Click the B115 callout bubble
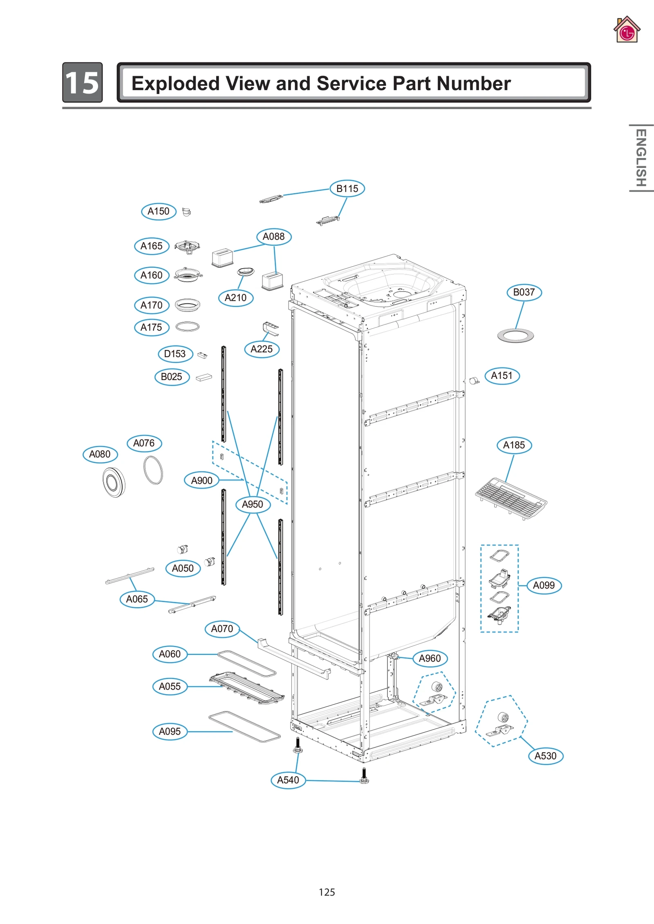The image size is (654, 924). click(x=347, y=189)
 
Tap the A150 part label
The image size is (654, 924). click(x=159, y=212)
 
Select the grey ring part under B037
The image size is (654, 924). click(x=515, y=336)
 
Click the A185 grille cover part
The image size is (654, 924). click(x=511, y=498)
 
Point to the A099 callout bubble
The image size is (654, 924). click(x=544, y=586)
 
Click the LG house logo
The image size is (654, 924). click(x=627, y=30)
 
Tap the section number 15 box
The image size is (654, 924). click(x=82, y=82)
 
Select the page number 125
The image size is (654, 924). click(x=327, y=892)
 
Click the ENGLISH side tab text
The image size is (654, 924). click(x=641, y=158)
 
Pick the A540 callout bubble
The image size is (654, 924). click(x=288, y=780)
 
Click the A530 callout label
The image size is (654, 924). click(x=545, y=756)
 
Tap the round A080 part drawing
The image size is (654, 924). click(x=114, y=482)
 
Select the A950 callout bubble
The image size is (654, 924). click(x=253, y=505)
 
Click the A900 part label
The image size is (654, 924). click(x=202, y=481)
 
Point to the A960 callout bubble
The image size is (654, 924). click(x=430, y=659)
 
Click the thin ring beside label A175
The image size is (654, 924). click(x=187, y=327)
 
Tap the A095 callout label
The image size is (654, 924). click(x=170, y=732)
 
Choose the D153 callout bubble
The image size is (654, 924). click(x=175, y=354)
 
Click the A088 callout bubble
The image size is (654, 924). click(x=273, y=237)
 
